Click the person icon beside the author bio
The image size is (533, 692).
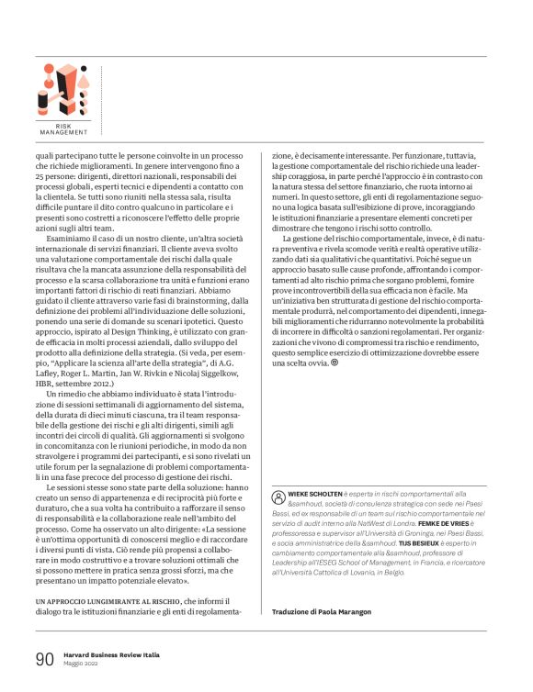coord(279,494)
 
